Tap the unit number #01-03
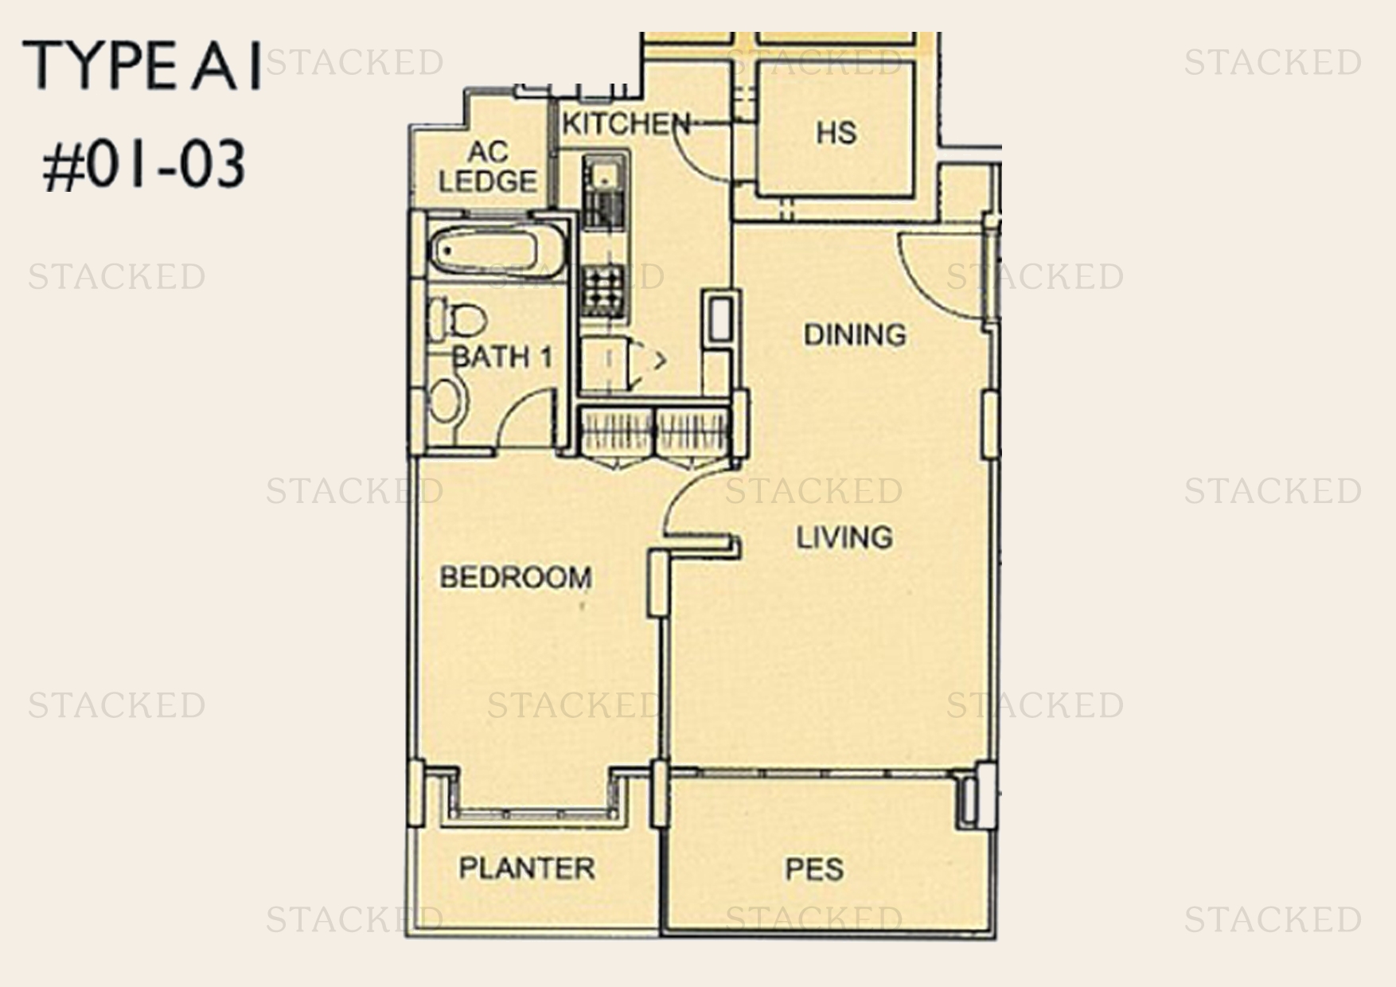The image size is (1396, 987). pos(143,166)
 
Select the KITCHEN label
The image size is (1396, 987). pos(626,124)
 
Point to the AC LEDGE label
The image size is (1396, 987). pos(487,167)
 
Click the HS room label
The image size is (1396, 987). pos(836,132)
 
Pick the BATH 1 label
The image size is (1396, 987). pos(501,357)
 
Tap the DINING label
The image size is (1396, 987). pos(855,334)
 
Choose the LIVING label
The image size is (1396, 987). pos(844,538)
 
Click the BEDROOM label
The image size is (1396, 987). pos(516,577)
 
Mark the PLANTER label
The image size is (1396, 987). pos(527,868)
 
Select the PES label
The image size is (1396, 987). pos(813,868)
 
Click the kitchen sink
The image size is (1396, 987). pos(603,191)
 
